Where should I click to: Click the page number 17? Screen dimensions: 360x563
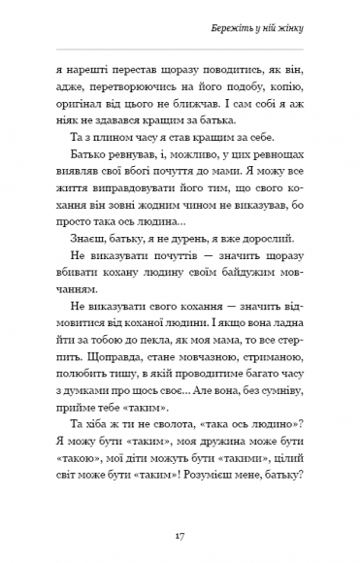click(x=180, y=536)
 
